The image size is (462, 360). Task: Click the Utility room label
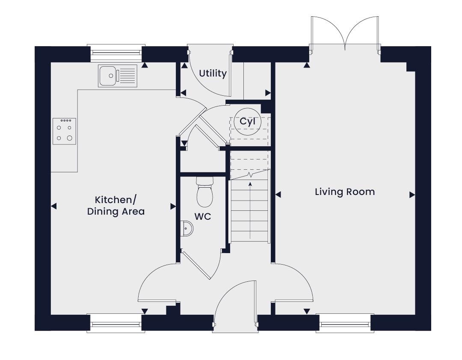click(213, 74)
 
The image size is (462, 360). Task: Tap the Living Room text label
click(345, 192)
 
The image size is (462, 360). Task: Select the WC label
click(203, 216)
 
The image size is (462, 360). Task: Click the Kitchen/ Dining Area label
click(116, 206)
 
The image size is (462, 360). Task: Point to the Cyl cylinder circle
click(248, 121)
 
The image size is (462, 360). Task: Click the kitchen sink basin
click(108, 76)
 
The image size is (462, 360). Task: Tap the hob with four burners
click(65, 131)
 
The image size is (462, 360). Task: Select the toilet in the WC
click(204, 192)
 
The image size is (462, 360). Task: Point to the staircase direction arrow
click(250, 211)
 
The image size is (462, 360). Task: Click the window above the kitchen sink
click(116, 53)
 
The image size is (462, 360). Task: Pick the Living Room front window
click(345, 324)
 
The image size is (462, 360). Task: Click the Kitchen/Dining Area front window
click(116, 324)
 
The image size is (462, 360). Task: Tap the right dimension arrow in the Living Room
click(412, 195)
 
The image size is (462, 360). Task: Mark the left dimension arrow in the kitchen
click(53, 206)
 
